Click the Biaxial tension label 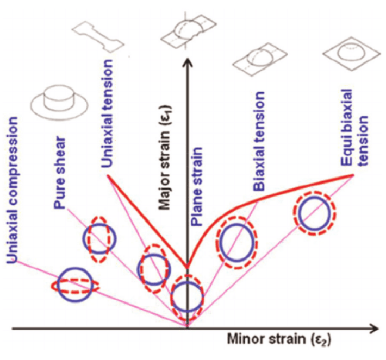point(260,141)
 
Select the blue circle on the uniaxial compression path point(74,285)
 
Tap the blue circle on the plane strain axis point(187,296)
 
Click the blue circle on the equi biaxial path point(314,214)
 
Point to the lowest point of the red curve point(187,266)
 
